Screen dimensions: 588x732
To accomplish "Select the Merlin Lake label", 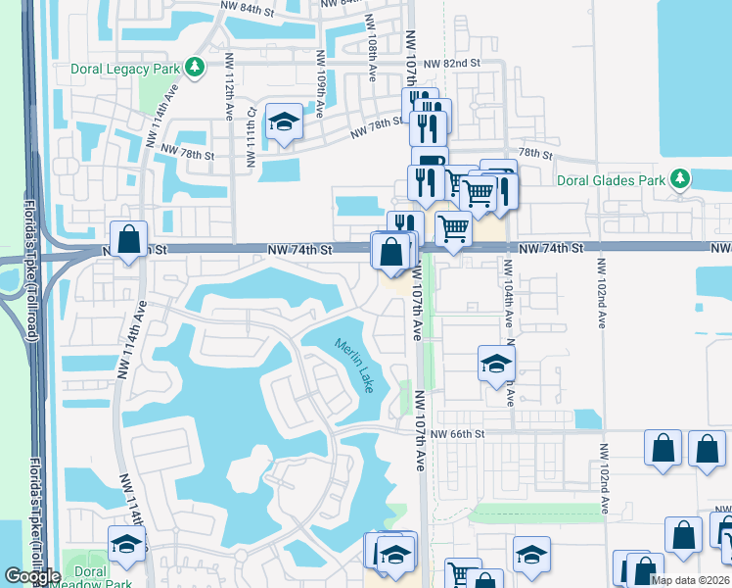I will tap(354, 363).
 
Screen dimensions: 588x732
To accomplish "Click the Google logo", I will tap(31, 576).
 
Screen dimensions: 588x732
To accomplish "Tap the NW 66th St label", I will tap(457, 432).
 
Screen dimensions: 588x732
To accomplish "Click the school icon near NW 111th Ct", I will tap(284, 122).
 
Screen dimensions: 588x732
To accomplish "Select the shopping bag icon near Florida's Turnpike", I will tap(129, 239).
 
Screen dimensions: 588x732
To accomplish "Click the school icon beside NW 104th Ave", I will tap(496, 363).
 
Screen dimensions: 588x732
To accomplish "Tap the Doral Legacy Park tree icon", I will tap(196, 67).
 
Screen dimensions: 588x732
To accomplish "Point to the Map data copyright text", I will tap(691, 580).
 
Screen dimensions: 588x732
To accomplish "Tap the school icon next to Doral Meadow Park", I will tap(126, 544).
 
